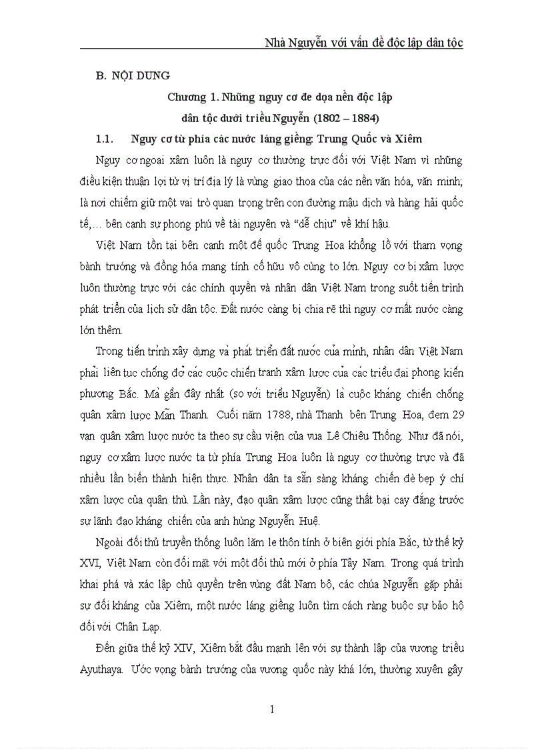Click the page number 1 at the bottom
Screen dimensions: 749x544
(272, 709)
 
